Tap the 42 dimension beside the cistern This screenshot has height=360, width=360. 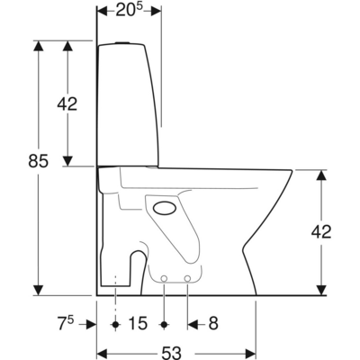[x=67, y=103]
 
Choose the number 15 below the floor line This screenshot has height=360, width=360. [x=139, y=323]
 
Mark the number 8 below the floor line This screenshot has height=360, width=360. [x=211, y=323]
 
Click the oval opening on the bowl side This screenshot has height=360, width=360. [x=166, y=209]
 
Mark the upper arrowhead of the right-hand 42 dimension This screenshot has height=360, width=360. [x=320, y=174]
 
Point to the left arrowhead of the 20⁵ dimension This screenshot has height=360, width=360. [x=101, y=11]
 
